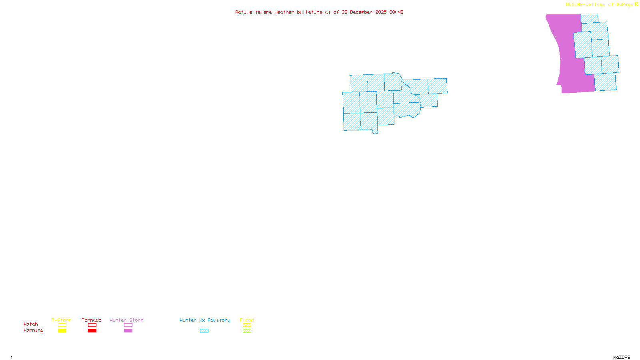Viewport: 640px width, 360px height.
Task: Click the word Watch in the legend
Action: (x=31, y=324)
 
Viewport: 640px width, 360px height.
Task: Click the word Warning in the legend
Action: (x=33, y=330)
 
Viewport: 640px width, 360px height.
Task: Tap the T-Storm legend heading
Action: (x=62, y=320)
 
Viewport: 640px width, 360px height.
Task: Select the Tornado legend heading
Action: (x=92, y=320)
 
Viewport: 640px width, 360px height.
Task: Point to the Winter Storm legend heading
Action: (x=126, y=320)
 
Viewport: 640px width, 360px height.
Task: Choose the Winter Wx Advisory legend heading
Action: (x=205, y=320)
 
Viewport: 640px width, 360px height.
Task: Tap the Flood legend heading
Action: (x=247, y=320)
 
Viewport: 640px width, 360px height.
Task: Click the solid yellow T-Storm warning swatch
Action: (x=62, y=331)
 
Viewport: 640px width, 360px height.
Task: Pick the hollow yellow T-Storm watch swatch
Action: (x=62, y=325)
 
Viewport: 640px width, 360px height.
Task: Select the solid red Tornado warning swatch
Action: (x=92, y=331)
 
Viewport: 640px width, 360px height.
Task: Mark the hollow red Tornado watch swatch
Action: (x=92, y=325)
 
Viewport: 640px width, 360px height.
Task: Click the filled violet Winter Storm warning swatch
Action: (x=128, y=331)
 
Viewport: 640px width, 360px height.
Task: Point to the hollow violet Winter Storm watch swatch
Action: (x=128, y=325)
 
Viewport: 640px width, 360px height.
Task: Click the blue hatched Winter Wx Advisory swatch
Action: (x=204, y=331)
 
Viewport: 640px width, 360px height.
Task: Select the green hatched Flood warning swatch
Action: (x=247, y=331)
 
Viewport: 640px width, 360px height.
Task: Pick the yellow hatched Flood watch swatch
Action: (x=247, y=325)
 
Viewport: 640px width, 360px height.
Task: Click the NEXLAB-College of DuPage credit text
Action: (x=600, y=5)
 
